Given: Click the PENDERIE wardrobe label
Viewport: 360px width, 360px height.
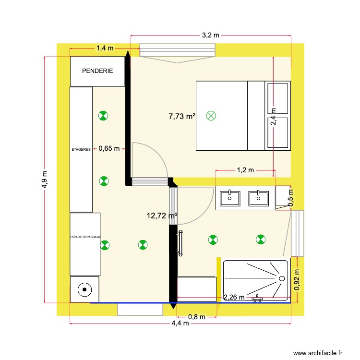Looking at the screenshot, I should click(97, 71).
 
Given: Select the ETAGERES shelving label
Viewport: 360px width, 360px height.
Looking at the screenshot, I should click(81, 149).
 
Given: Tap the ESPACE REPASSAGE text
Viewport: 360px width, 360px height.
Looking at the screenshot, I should click(85, 237).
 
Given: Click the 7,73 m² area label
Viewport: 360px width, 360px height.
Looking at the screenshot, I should click(182, 116).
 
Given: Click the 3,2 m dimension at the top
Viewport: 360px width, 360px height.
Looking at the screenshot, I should click(210, 36).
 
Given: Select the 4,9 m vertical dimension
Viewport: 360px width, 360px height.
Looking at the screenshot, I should click(45, 180).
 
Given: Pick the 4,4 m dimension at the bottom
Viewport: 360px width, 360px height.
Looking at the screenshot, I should click(180, 324).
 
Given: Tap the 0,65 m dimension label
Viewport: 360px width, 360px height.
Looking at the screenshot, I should click(109, 149).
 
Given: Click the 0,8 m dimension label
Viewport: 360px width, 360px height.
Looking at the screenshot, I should click(197, 317).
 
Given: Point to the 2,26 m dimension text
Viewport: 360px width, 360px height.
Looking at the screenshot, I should click(234, 298).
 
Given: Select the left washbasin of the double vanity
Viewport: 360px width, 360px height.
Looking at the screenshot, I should click(230, 197).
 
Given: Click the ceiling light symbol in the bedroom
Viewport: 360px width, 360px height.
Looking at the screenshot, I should click(211, 116).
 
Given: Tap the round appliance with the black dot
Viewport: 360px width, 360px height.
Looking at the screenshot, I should click(84, 289).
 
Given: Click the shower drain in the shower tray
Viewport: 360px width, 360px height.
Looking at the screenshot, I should click(281, 277).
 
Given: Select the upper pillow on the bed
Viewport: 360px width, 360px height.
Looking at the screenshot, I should click(278, 98).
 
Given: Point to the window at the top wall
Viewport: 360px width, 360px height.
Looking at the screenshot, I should click(178, 50).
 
